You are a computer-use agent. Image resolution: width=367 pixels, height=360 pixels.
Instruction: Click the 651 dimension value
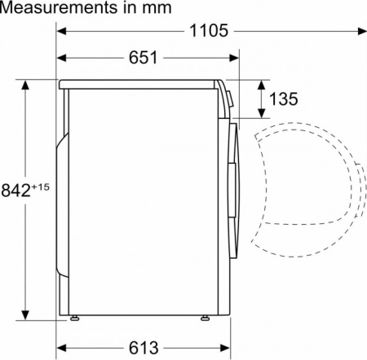coord(144,58)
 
